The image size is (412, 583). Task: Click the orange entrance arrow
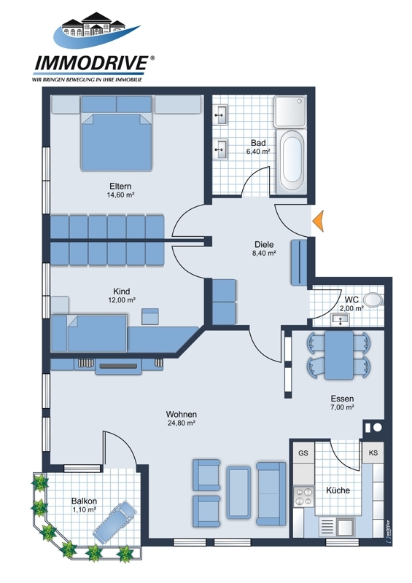point(319,221)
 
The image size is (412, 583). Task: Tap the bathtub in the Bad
point(292,161)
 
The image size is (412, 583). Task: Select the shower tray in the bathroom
point(290,111)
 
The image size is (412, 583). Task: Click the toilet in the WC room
point(373,300)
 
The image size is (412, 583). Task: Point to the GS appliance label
point(303,453)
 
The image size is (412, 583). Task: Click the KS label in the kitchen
point(373,453)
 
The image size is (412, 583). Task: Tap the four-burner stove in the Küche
point(303,496)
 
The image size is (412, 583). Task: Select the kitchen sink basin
point(345,526)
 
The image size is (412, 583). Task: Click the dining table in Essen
point(338,355)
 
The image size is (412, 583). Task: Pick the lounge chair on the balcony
point(116,522)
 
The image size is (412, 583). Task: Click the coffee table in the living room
point(238,493)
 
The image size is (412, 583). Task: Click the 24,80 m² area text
point(182,423)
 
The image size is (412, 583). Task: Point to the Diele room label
point(264,245)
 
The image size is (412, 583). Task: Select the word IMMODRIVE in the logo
point(92,63)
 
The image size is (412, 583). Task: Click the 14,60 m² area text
point(120,195)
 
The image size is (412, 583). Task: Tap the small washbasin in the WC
point(340,319)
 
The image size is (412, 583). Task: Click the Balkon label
point(84,501)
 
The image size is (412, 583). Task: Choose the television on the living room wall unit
point(118,367)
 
